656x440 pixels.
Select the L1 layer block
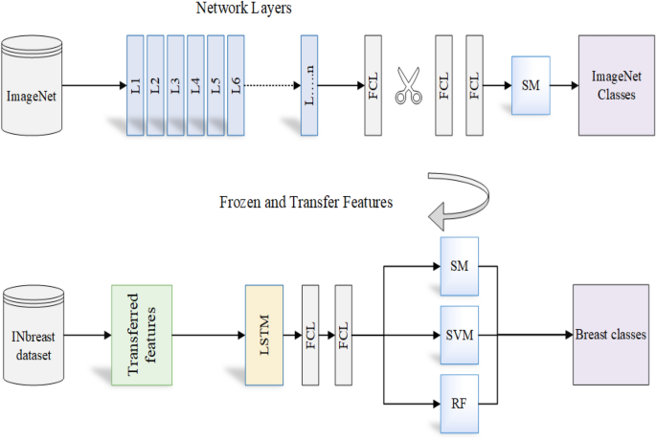click(x=135, y=86)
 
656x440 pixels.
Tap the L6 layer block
click(x=236, y=86)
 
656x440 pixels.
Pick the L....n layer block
click(x=308, y=86)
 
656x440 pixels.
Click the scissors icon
click(x=409, y=86)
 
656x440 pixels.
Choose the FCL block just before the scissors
click(x=373, y=86)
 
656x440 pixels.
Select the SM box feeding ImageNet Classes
click(x=530, y=86)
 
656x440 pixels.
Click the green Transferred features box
click(x=142, y=335)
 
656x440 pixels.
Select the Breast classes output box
click(x=610, y=335)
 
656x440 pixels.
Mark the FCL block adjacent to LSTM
click(x=310, y=335)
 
